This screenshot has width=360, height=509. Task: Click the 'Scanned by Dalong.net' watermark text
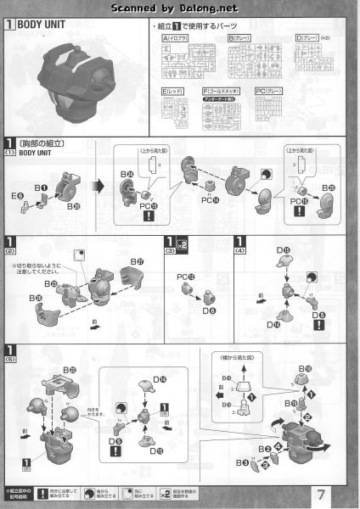[x=179, y=8]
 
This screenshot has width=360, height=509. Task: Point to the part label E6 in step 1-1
[x=17, y=195]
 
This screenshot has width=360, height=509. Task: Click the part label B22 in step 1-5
[x=70, y=370]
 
